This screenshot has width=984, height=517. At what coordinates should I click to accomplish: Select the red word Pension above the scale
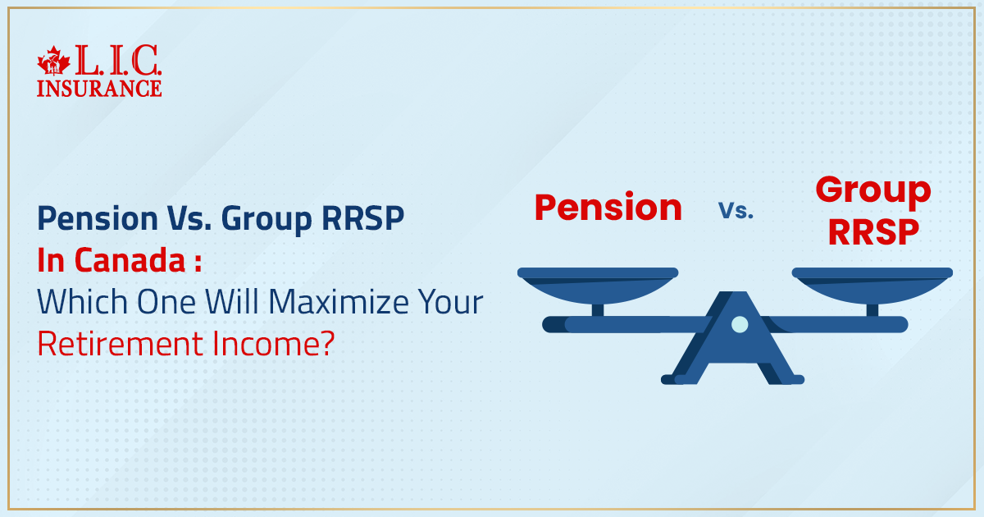[x=608, y=208]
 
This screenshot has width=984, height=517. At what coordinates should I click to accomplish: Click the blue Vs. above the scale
[x=736, y=210]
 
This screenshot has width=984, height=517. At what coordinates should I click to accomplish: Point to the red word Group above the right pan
[x=872, y=191]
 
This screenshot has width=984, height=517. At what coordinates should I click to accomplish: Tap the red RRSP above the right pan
[x=872, y=233]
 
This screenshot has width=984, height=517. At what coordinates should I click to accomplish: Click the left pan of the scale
[x=598, y=283]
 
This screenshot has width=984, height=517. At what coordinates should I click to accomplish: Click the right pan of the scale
[x=872, y=283]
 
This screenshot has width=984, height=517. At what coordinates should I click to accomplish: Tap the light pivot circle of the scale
[x=739, y=324]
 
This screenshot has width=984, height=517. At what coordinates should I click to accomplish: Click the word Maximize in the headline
[x=330, y=303]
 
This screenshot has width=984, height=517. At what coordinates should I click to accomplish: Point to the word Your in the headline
[x=449, y=303]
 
